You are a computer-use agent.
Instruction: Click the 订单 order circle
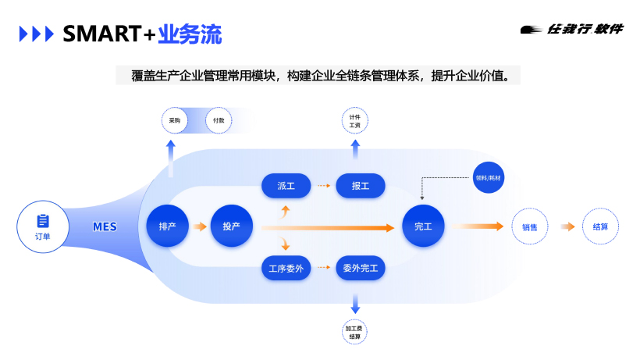point(43,226)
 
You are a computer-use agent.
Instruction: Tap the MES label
point(105,227)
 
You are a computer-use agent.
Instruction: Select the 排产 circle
point(167,226)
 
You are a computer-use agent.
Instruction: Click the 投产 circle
point(231,226)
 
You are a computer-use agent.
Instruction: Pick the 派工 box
point(286,186)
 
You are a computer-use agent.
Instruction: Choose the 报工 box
point(360,186)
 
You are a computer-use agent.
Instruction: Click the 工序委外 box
point(286,269)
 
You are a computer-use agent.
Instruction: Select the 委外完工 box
point(360,269)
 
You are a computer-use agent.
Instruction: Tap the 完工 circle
point(423,226)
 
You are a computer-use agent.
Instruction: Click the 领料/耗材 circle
point(489,178)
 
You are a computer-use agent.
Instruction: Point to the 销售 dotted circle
point(530,227)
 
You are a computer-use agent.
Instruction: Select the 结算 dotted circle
point(600,227)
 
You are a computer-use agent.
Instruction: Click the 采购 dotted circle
point(175,121)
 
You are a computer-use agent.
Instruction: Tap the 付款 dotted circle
point(219,121)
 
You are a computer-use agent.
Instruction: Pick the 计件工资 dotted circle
point(355,121)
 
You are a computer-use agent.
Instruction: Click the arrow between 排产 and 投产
point(200,227)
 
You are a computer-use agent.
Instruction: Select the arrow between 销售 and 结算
point(567,227)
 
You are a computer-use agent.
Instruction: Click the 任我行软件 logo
point(572,29)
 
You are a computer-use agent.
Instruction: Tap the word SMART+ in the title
point(108,34)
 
